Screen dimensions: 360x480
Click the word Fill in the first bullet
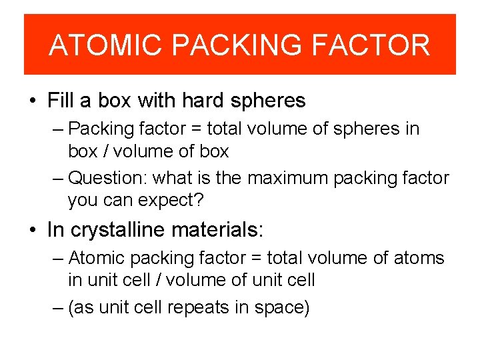tap(61, 101)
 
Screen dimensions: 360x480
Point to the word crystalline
tap(119, 230)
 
